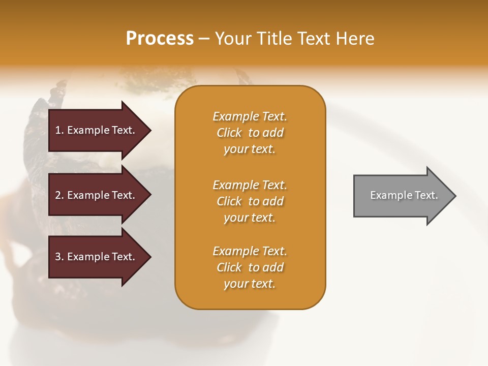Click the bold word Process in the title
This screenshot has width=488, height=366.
(x=160, y=39)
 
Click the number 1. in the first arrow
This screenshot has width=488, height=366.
(x=59, y=130)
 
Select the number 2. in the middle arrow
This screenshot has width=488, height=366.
(x=59, y=195)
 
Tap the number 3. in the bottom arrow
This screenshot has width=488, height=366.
(x=59, y=257)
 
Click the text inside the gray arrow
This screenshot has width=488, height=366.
(x=404, y=195)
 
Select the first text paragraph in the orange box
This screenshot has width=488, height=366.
(x=250, y=133)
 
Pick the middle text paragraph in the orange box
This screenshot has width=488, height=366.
(x=250, y=201)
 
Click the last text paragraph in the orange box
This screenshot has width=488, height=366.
(x=250, y=267)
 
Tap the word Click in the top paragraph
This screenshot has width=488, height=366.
(x=229, y=133)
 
